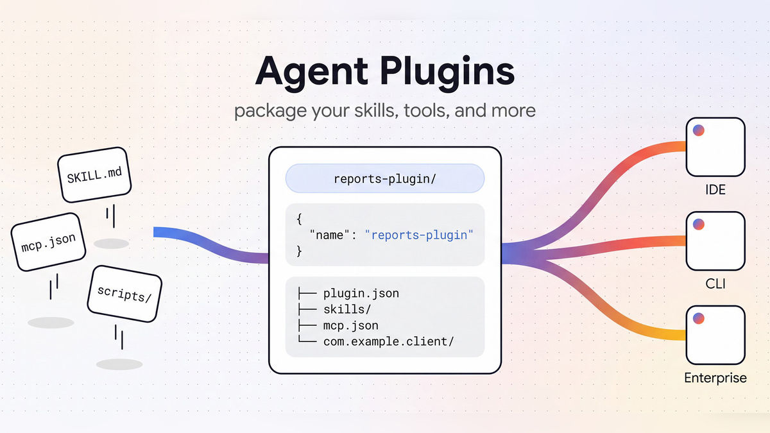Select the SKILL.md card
click(94, 175)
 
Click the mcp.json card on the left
click(48, 242)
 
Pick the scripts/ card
click(124, 294)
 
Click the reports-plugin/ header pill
click(385, 178)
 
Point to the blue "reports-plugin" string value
click(419, 235)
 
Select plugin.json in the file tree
click(361, 294)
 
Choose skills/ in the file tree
click(347, 309)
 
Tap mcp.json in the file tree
click(350, 325)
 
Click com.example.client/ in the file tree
click(388, 341)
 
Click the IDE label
click(715, 190)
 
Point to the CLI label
click(715, 284)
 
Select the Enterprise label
click(715, 378)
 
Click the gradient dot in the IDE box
click(699, 130)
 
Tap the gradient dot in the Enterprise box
click(699, 318)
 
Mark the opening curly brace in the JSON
click(299, 219)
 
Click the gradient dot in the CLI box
click(699, 224)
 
